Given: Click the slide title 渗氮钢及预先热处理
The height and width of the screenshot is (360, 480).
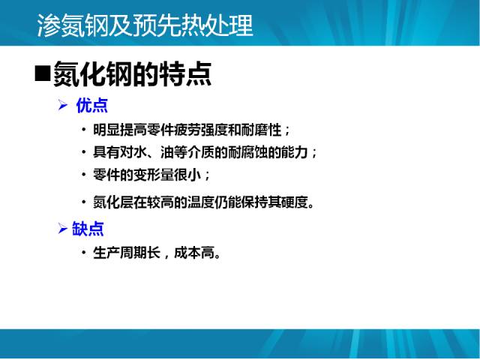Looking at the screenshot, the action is click(x=145, y=26).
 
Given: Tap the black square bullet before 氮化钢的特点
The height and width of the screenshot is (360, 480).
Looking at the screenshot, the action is click(x=42, y=73).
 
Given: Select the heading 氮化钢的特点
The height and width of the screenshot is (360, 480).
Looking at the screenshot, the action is click(x=132, y=73).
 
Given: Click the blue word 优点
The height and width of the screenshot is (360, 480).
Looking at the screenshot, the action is click(x=91, y=106).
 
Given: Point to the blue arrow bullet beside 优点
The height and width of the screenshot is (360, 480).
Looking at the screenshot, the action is click(x=63, y=106).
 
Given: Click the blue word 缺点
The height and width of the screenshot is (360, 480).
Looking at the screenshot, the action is click(x=88, y=229).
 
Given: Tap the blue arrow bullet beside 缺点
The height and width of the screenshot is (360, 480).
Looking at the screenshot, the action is click(x=62, y=229).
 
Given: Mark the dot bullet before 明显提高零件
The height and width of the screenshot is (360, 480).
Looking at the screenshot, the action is click(x=84, y=130).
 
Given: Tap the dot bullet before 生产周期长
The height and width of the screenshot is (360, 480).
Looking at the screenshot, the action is click(x=84, y=253).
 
